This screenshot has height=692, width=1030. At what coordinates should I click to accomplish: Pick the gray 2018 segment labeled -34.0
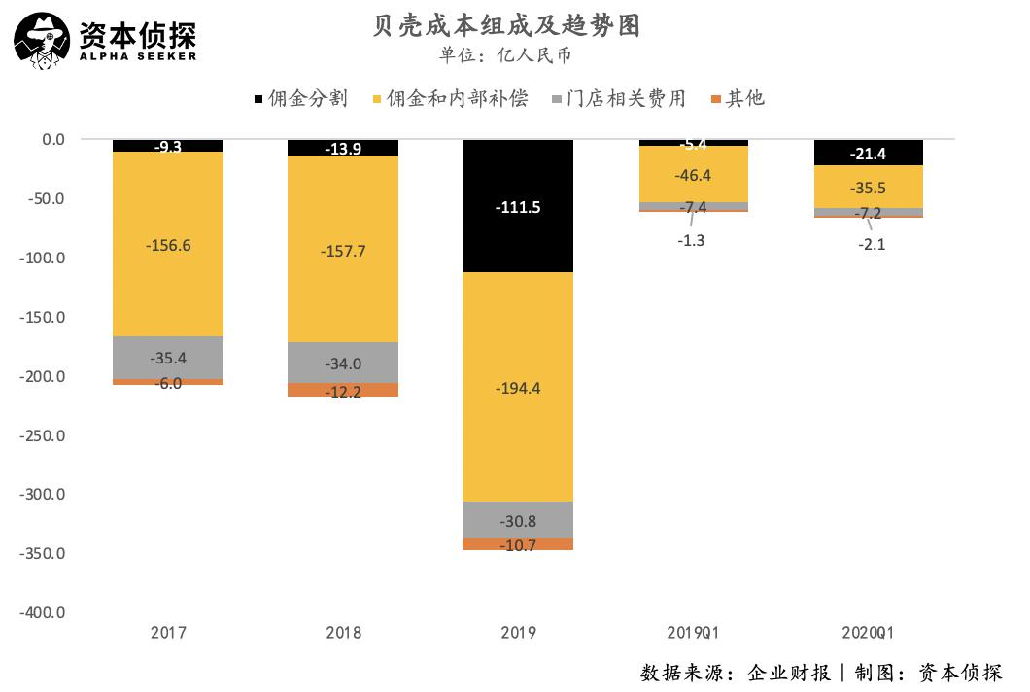tap(343, 363)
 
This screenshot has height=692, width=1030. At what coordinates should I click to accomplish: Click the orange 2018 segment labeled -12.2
tap(343, 390)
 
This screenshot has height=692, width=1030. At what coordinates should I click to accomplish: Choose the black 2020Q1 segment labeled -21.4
tap(868, 153)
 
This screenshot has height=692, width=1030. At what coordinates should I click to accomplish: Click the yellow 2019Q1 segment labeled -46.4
tap(693, 176)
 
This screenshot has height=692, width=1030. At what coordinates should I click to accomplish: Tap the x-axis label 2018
tap(343, 633)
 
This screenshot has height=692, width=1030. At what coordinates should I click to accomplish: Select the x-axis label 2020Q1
tap(868, 633)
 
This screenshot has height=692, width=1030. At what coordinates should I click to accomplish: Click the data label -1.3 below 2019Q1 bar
tap(693, 241)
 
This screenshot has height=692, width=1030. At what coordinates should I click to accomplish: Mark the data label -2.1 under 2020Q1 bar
tap(871, 245)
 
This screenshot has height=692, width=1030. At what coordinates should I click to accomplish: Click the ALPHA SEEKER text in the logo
tap(139, 55)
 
